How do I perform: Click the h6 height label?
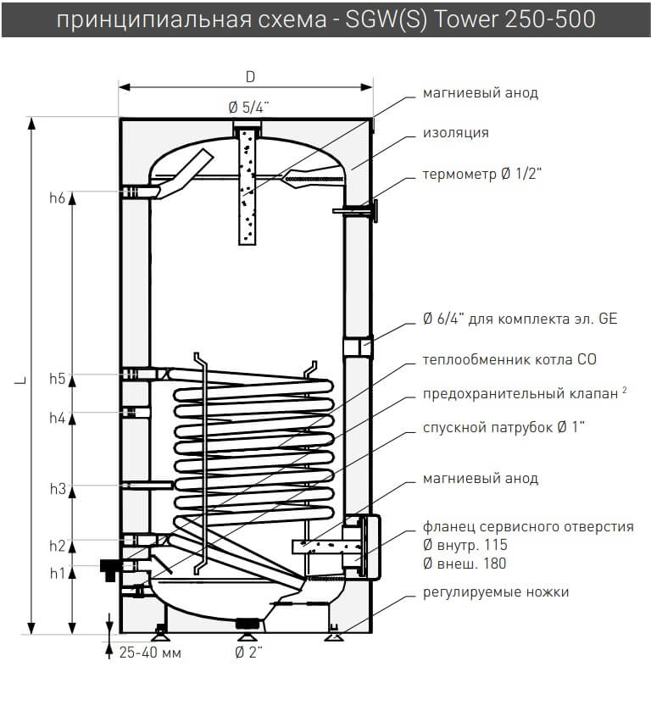57,198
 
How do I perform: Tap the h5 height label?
57,379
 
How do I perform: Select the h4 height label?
57,418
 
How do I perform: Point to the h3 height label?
57,489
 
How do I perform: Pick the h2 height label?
57,545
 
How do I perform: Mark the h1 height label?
57,574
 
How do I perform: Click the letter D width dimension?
250,76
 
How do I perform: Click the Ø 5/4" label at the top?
249,106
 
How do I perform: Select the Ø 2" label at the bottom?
249,653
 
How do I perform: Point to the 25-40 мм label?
150,653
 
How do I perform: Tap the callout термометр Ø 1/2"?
481,175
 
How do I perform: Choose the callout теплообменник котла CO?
509,359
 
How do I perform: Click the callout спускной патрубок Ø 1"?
504,426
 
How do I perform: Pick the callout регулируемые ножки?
496,591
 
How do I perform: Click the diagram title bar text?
325,19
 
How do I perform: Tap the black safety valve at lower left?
109,567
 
